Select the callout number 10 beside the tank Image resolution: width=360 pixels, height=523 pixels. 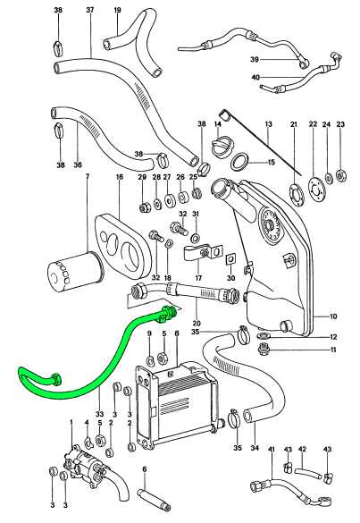pyautogui.click(x=333, y=316)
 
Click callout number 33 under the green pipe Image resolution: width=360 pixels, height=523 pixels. pyautogui.click(x=99, y=414)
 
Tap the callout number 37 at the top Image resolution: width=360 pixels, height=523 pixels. pyautogui.click(x=90, y=10)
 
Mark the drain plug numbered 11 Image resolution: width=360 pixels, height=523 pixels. pyautogui.click(x=264, y=350)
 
